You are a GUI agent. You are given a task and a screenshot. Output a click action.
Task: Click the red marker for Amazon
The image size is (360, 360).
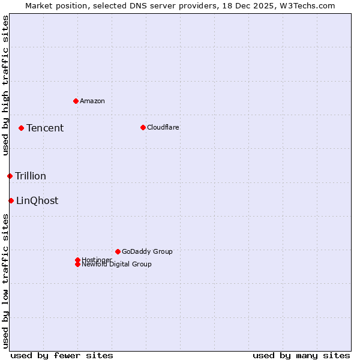[76, 101]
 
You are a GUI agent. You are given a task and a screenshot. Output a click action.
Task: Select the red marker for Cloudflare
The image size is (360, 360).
[143, 127]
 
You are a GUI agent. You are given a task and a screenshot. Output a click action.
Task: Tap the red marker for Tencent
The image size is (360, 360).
[21, 128]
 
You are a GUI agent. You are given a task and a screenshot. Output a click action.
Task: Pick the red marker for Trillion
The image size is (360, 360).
[10, 176]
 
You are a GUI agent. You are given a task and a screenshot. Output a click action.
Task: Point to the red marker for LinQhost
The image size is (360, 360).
[11, 200]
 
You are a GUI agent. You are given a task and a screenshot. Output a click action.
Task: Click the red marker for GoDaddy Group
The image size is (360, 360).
[118, 251]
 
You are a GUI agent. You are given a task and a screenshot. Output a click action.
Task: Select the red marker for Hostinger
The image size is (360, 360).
[77, 260]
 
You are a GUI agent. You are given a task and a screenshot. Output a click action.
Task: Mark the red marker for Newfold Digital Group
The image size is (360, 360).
[77, 265]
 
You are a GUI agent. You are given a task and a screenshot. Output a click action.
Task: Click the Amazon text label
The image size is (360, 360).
[92, 101]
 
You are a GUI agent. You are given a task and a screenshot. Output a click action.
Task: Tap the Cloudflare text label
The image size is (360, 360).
[163, 127]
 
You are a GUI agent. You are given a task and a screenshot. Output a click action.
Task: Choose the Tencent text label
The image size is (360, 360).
[45, 128]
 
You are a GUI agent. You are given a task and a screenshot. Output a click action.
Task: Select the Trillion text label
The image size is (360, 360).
[31, 176]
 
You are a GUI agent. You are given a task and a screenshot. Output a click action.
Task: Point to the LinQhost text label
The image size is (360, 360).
[37, 200]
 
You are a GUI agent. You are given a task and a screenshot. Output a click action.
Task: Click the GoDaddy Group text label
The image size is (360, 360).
[147, 251]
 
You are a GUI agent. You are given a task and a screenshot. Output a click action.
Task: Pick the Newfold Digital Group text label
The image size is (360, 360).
[117, 265]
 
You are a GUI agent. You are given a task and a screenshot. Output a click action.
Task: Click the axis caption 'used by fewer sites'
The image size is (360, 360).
[62, 355]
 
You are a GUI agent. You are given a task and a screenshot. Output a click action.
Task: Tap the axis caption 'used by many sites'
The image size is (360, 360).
[301, 355]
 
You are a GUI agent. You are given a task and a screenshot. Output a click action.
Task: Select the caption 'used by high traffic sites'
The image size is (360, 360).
[6, 86]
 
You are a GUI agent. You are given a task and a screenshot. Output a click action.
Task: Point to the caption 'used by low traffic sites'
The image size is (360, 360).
[6, 280]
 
